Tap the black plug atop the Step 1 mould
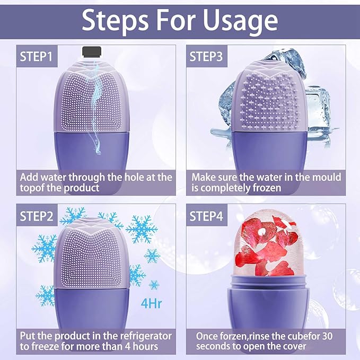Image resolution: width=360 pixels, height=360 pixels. coord(94,51)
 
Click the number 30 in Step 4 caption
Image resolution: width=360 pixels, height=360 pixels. coord(328,336)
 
